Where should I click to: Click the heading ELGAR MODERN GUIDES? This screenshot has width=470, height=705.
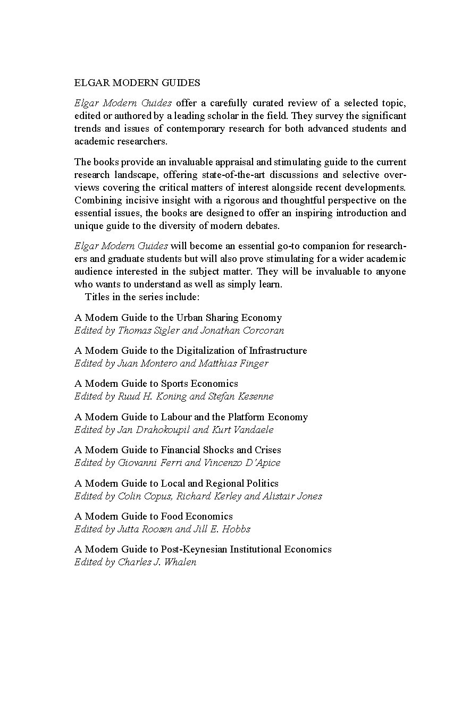137,83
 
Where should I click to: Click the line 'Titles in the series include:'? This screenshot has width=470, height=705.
142,297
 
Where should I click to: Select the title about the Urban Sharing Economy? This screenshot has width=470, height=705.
178,318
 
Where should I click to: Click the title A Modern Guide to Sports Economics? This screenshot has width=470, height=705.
156,384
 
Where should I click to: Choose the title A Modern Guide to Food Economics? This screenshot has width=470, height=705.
154,516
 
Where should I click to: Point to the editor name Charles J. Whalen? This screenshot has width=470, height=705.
157,562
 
